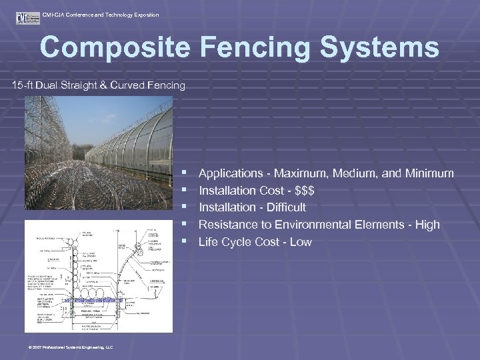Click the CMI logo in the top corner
pos(27,17)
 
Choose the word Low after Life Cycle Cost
pos(301,242)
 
